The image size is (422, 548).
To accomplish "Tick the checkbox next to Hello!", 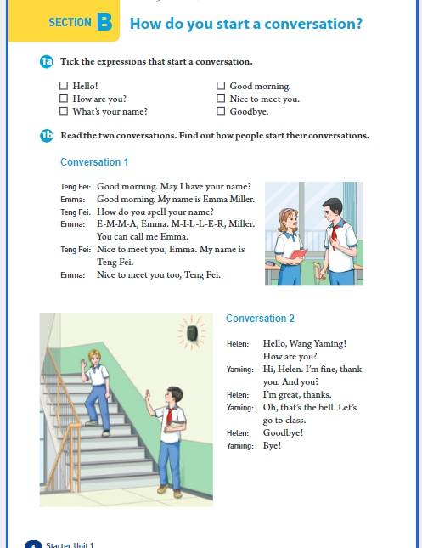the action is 64,86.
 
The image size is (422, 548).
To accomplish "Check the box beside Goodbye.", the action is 221,111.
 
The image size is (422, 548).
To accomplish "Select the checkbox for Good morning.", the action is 221,86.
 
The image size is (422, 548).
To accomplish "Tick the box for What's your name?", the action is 64,111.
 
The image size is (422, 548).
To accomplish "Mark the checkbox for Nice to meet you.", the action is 221,99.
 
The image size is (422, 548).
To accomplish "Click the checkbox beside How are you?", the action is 64,99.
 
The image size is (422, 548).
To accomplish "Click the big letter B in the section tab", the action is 104,22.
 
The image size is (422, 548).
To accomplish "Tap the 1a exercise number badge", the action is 47,62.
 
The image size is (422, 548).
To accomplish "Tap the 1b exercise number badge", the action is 47,136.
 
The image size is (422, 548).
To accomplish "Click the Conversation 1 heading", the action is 94,162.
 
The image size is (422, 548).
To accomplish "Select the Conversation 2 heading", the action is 261,319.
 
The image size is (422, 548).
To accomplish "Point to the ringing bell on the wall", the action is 192,333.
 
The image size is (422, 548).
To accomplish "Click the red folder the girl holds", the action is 298,254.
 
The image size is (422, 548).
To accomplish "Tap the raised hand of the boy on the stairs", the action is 83,364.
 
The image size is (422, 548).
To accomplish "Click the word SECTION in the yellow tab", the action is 70,23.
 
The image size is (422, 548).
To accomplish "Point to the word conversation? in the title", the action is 313,24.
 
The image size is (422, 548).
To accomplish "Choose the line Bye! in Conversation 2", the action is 272,445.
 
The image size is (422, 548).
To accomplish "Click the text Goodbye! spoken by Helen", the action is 283,433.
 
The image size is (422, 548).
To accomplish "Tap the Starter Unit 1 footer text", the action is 70,545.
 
